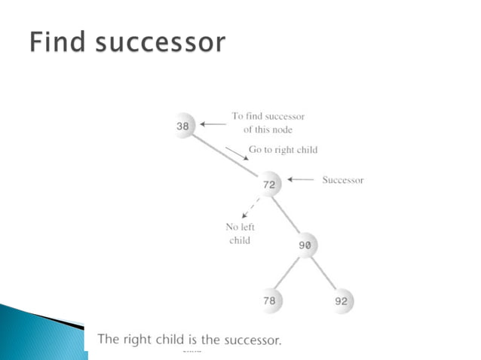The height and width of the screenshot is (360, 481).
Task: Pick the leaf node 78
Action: pos(269,301)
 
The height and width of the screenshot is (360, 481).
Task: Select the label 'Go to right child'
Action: pos(283,150)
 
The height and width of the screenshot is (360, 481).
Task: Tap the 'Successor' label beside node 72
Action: pos(342,180)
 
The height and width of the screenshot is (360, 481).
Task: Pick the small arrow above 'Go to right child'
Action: pos(235,152)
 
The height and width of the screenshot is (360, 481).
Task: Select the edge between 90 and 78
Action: pos(288,273)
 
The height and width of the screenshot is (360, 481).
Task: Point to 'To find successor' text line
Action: pos(268,117)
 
